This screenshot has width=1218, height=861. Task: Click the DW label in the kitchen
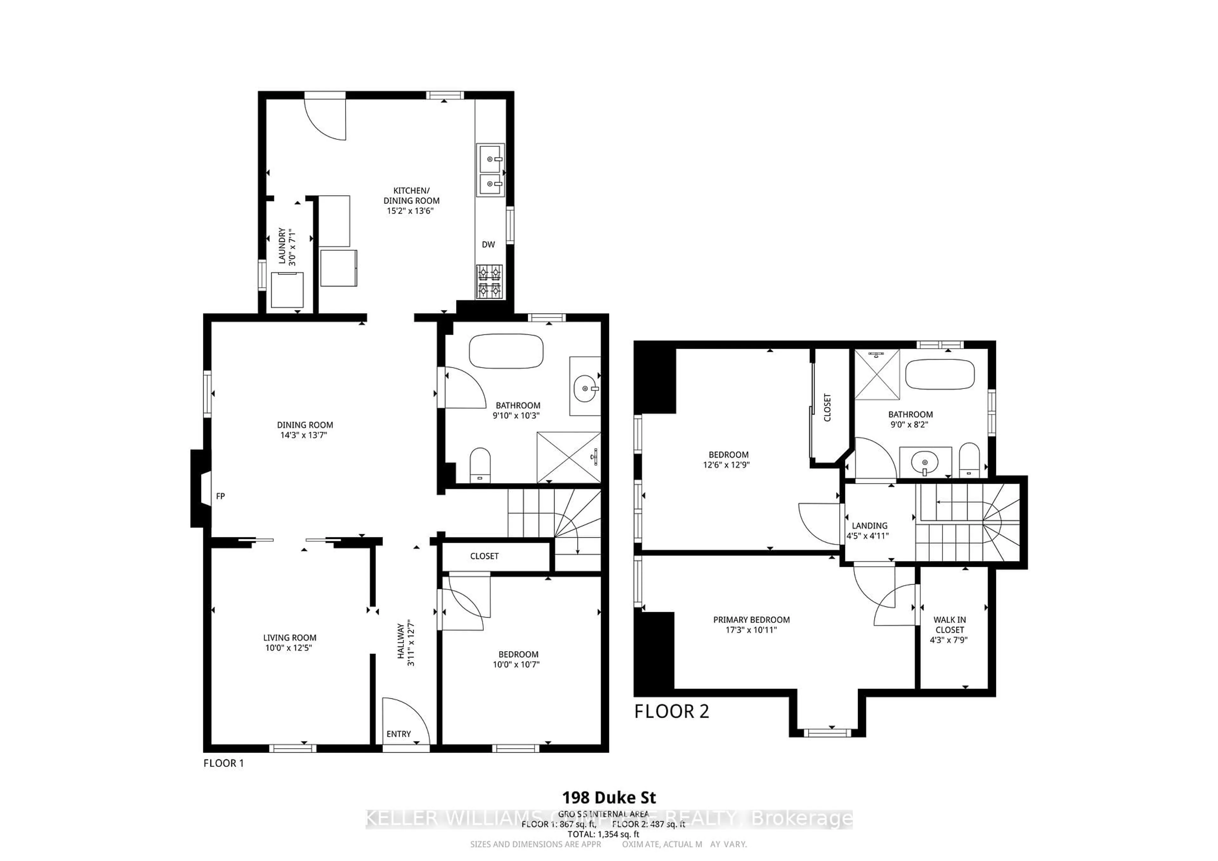pyautogui.click(x=488, y=244)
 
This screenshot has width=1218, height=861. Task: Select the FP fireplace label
pyautogui.click(x=220, y=496)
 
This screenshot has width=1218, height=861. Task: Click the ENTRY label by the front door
pyautogui.click(x=398, y=734)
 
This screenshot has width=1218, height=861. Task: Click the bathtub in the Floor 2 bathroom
pyautogui.click(x=940, y=375)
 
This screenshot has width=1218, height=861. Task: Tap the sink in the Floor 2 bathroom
pyautogui.click(x=925, y=462)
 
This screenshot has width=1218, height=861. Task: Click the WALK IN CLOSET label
pyautogui.click(x=950, y=625)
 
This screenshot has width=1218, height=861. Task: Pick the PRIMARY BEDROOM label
pyautogui.click(x=751, y=620)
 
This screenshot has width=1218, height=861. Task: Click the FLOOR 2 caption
pyautogui.click(x=671, y=711)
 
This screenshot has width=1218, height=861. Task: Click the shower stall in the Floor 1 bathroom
pyautogui.click(x=568, y=457)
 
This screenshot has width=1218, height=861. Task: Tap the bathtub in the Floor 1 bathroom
pyautogui.click(x=506, y=351)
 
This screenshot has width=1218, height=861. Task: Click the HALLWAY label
pyautogui.click(x=401, y=642)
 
